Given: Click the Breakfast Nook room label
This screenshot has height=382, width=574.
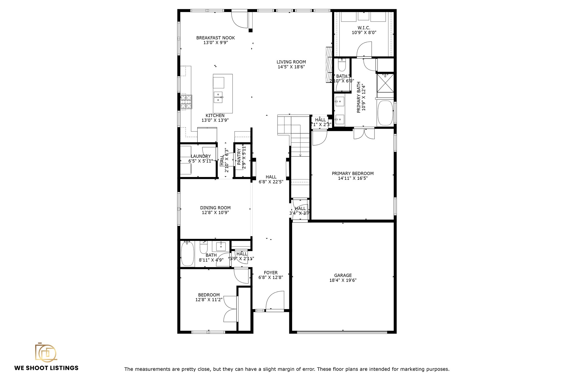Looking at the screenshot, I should (215, 38).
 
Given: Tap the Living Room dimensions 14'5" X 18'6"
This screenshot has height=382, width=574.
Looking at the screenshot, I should (291, 67).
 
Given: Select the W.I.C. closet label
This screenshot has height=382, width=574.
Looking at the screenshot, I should (364, 28).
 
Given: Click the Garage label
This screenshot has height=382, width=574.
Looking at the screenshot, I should (342, 275).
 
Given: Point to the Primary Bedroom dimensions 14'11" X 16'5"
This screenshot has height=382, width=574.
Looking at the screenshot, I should (353, 178).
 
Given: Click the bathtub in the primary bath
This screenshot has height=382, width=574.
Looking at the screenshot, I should (385, 113).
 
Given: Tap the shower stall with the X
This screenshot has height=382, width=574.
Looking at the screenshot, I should (385, 83).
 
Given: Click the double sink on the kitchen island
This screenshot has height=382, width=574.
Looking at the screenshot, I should (218, 97).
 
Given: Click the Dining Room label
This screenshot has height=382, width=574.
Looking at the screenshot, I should (215, 208).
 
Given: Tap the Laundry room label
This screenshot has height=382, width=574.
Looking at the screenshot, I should (200, 156).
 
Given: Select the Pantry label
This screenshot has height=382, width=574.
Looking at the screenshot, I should (239, 158).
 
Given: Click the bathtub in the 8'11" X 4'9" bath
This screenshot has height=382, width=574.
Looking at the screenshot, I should (187, 254).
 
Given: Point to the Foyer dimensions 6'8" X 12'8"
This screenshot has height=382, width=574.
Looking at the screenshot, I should (270, 278).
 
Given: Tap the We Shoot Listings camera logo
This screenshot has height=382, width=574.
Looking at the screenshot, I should (45, 352).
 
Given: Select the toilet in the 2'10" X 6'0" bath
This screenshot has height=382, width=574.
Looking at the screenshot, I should (342, 66).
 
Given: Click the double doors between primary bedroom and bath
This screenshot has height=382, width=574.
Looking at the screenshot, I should (364, 134).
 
